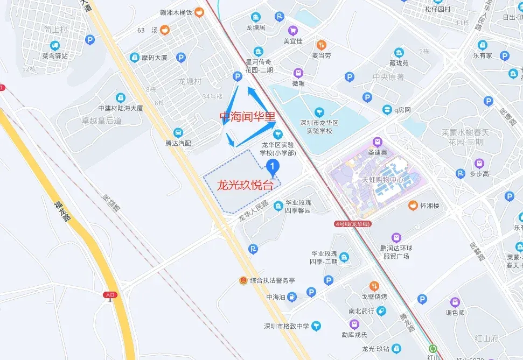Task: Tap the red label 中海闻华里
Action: point(247,116)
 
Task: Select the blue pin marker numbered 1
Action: point(273,167)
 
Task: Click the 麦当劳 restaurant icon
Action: point(321,45)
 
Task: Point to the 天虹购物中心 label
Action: point(382,180)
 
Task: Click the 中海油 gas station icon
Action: point(291,297)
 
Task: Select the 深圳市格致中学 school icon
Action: point(316,325)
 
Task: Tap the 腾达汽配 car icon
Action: point(178,132)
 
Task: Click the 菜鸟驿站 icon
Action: point(54,45)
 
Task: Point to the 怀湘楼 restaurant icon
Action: point(413,205)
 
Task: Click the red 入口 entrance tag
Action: point(110,294)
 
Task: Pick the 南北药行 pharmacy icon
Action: point(381,310)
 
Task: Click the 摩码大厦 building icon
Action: point(135,57)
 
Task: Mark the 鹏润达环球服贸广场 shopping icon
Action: point(396,237)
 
